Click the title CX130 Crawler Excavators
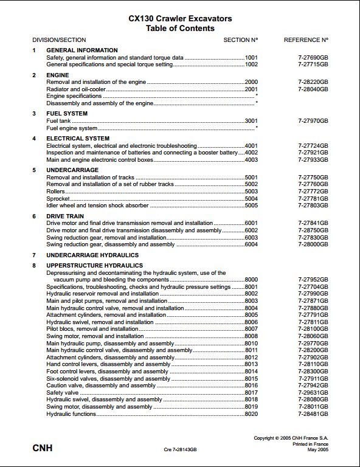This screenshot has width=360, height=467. click(x=180, y=19)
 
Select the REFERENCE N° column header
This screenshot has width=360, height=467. click(x=306, y=40)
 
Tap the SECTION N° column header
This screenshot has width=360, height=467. click(x=241, y=40)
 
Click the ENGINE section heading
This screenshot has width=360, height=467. click(x=59, y=75)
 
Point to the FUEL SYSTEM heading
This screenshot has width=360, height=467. click(x=67, y=114)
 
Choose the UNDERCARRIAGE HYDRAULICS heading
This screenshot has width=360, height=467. click(x=92, y=255)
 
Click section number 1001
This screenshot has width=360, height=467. click(x=251, y=57)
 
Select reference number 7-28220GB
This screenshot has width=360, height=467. click(x=313, y=81)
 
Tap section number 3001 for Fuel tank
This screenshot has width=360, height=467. click(x=251, y=121)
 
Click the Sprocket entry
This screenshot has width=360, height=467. click(x=58, y=199)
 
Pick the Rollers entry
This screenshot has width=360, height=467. click(x=56, y=192)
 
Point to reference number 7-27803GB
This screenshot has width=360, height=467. click(x=313, y=206)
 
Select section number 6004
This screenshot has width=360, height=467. click(x=251, y=245)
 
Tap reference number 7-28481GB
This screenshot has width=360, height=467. click(x=313, y=414)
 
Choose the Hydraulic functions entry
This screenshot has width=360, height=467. click(x=71, y=414)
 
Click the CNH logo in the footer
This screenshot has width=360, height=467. click(x=42, y=448)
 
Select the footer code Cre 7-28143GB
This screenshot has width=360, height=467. click(x=181, y=450)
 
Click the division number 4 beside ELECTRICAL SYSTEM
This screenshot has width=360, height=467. click(x=35, y=139)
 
